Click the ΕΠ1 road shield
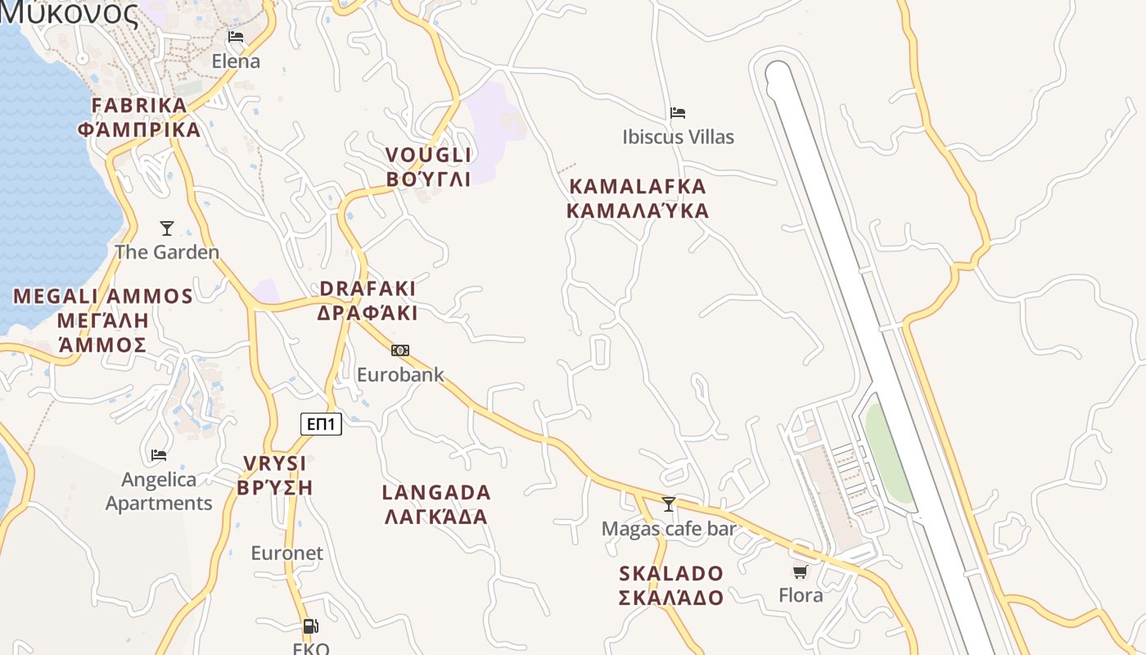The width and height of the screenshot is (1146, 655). [321, 423]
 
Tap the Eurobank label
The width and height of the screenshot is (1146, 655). [400, 375]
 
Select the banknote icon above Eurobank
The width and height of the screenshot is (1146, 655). [400, 350]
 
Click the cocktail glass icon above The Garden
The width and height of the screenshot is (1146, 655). [167, 228]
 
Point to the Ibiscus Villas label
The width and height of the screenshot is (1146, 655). [678, 137]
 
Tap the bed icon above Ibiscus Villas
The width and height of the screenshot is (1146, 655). [678, 112]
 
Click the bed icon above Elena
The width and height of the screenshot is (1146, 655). [236, 37]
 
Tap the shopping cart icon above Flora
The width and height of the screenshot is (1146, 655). [800, 571]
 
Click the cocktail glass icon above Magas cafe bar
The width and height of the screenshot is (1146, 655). [669, 504]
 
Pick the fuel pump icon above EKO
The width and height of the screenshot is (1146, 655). [310, 626]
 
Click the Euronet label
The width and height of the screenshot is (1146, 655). [286, 553]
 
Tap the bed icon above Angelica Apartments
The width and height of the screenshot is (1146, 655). [159, 454]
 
